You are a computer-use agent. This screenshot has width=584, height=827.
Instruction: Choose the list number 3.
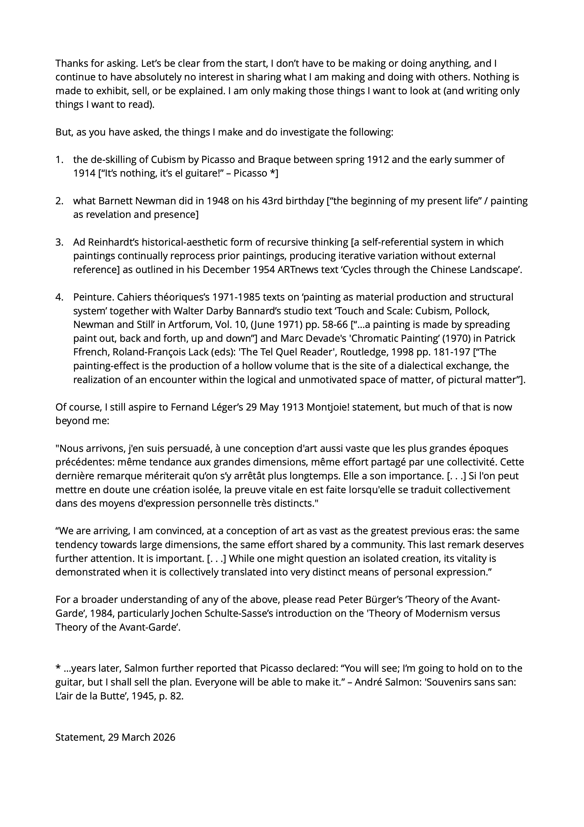click(x=59, y=242)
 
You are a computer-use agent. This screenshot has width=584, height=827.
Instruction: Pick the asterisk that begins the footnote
click(x=58, y=669)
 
